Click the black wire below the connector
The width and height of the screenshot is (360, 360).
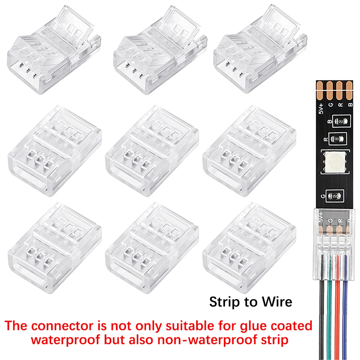coord(321,306)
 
